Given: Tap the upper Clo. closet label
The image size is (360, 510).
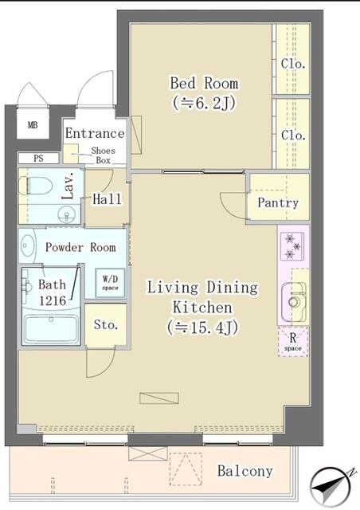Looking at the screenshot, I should click(292, 64).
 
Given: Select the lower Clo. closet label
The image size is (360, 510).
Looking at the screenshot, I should click(292, 135).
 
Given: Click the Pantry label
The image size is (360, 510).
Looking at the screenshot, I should click(277, 202).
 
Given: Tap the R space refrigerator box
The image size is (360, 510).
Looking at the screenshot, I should click(293, 342).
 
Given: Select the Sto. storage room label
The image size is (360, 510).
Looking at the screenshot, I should click(105, 325).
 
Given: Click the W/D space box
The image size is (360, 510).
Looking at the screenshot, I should click(109, 283).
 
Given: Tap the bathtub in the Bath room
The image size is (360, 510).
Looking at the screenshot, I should click(50, 328).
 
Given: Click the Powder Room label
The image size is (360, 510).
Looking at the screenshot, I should click(80, 247).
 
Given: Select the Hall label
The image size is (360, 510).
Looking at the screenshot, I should click(107, 199).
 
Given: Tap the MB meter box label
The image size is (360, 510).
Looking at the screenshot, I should click(33, 125).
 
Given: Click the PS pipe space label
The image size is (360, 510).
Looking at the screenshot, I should click(39, 159).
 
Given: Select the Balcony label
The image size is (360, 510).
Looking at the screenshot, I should click(245, 471).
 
